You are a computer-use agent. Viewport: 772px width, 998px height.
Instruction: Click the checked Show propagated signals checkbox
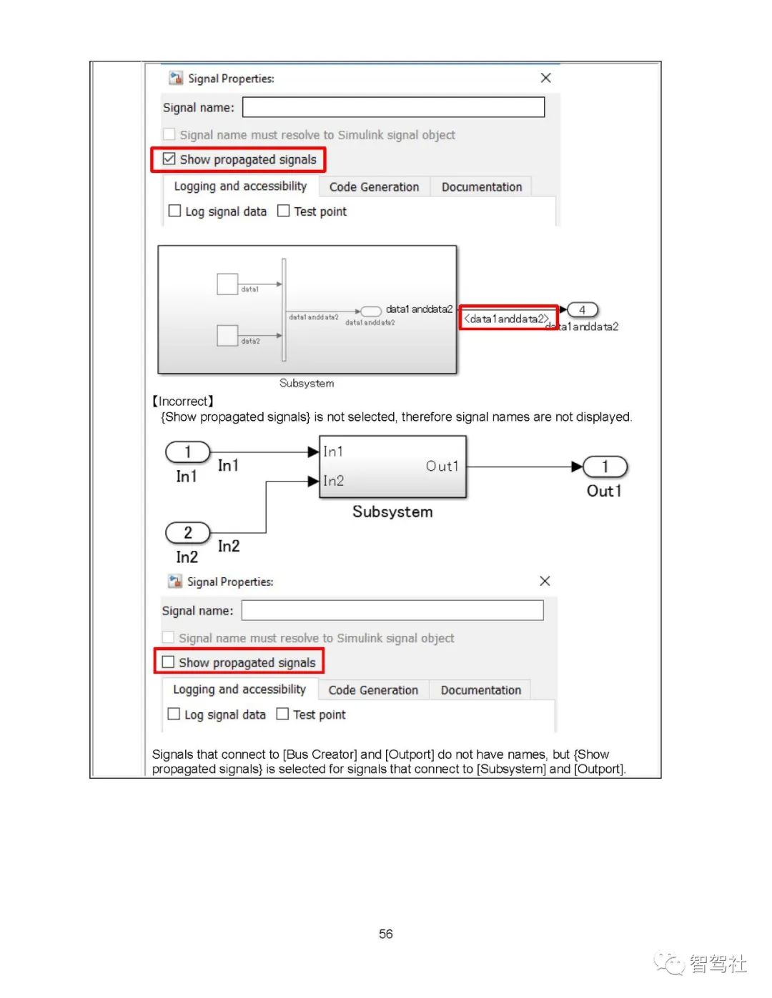(169, 159)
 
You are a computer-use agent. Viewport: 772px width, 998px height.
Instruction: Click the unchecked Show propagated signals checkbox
(168, 662)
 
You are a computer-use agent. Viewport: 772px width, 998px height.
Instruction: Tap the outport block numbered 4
(583, 310)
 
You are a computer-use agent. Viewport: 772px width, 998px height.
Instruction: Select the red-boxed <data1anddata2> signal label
(506, 319)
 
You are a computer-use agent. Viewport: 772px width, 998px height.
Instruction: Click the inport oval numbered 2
(188, 532)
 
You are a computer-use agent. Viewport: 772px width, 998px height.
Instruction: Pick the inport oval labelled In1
(188, 451)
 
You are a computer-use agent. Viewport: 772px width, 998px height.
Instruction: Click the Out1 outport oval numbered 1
(605, 466)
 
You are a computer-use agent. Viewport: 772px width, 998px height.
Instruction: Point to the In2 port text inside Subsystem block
(333, 481)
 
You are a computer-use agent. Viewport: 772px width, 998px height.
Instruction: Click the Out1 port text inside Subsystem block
(442, 466)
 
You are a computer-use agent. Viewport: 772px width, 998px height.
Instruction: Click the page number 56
(385, 934)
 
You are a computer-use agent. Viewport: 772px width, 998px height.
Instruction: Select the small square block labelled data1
(227, 284)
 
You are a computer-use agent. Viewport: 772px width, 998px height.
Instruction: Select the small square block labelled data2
(227, 335)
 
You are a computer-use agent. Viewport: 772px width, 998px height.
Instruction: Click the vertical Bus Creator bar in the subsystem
(284, 310)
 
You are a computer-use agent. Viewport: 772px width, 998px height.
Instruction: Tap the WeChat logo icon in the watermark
(670, 964)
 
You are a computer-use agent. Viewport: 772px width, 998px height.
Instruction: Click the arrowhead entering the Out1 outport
(577, 466)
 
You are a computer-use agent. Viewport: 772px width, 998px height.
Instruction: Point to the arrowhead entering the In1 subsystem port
(312, 451)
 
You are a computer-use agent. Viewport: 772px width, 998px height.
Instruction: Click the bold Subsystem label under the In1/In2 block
(392, 512)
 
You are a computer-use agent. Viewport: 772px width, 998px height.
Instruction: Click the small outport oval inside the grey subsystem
(371, 311)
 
